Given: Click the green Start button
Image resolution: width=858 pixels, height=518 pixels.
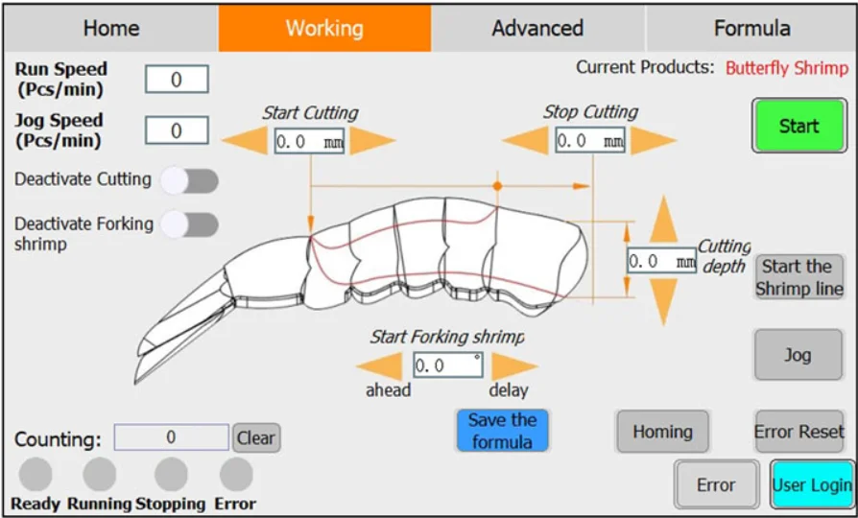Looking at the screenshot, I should (x=798, y=126).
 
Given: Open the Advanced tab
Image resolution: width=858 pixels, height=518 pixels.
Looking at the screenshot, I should (x=537, y=29).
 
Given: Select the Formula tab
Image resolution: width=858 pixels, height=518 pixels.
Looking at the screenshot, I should (x=751, y=29).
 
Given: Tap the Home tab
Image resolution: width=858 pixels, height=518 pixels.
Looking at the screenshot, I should (x=111, y=29).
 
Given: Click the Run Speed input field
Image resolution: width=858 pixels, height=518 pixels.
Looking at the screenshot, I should (x=177, y=80).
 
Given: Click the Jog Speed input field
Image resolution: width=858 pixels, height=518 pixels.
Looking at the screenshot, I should (x=177, y=130).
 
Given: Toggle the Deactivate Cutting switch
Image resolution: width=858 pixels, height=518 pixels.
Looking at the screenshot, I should (x=189, y=180).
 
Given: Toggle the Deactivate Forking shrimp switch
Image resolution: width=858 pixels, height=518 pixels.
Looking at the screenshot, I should (x=189, y=224).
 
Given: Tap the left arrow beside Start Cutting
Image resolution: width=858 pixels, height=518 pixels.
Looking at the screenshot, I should (x=246, y=141).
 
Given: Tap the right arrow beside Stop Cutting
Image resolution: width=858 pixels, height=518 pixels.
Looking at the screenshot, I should (x=654, y=141).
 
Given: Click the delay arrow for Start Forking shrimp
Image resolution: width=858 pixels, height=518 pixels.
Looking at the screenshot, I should (x=514, y=365).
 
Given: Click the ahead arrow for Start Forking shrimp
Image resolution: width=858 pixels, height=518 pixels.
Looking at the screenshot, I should (x=380, y=365).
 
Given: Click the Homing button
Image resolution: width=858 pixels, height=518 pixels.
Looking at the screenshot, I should (x=662, y=432).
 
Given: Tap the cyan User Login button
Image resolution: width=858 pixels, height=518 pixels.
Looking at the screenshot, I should (x=811, y=484).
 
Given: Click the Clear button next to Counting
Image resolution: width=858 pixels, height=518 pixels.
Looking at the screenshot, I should (x=256, y=438).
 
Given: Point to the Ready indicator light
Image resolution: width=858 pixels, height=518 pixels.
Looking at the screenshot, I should (x=36, y=474).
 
